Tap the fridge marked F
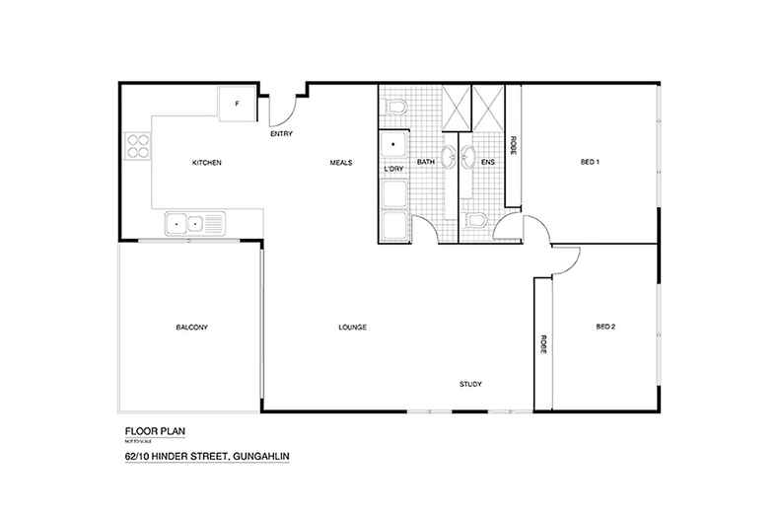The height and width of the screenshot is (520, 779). point(237,102)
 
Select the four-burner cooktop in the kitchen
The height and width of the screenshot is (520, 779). point(136,151)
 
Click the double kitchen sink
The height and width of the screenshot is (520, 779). point(185,223)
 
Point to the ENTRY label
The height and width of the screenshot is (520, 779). point(281,134)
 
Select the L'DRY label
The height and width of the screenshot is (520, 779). point(393,170)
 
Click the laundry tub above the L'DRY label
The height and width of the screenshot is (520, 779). point(393,146)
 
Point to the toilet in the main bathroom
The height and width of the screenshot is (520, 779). point(394,105)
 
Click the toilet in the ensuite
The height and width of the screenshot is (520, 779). point(476,221)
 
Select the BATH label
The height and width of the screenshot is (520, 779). point(425,162)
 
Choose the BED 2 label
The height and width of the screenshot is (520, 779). point(605,327)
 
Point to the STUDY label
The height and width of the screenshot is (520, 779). point(469,384)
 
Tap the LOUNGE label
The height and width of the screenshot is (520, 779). point(352,327)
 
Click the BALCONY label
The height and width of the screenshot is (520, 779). point(191,327)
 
